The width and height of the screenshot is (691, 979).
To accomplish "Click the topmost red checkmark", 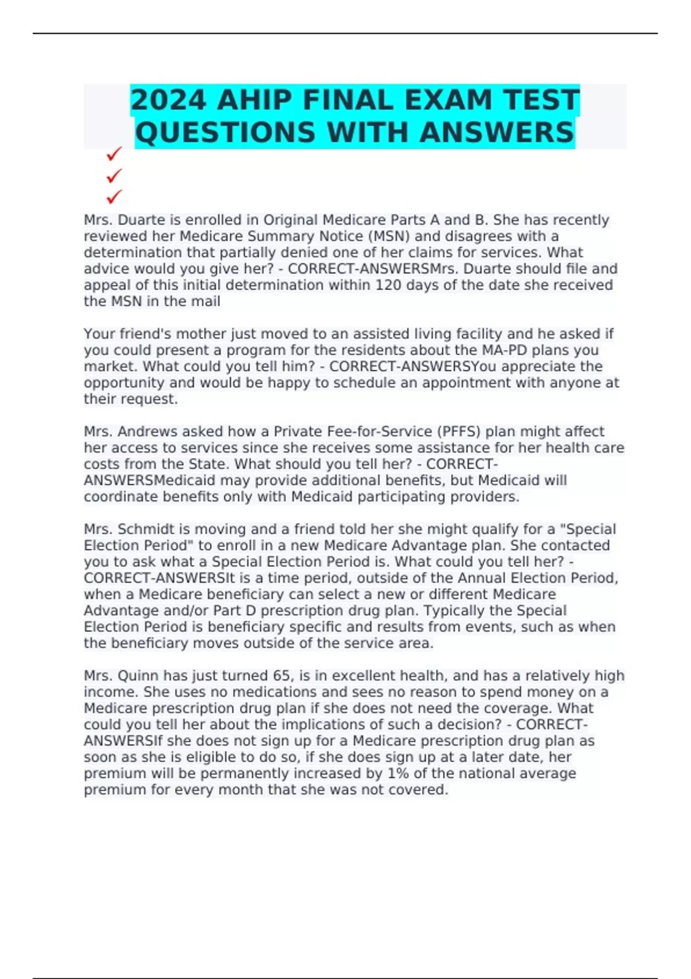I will (114, 154).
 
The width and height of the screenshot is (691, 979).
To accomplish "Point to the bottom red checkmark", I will (114, 197).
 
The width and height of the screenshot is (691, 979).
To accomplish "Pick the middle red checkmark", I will (114, 175).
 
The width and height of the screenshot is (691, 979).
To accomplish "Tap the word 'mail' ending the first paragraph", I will (206, 301).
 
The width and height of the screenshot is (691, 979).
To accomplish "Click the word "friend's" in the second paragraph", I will (145, 334).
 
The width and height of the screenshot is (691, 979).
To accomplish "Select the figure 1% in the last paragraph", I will (397, 773).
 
